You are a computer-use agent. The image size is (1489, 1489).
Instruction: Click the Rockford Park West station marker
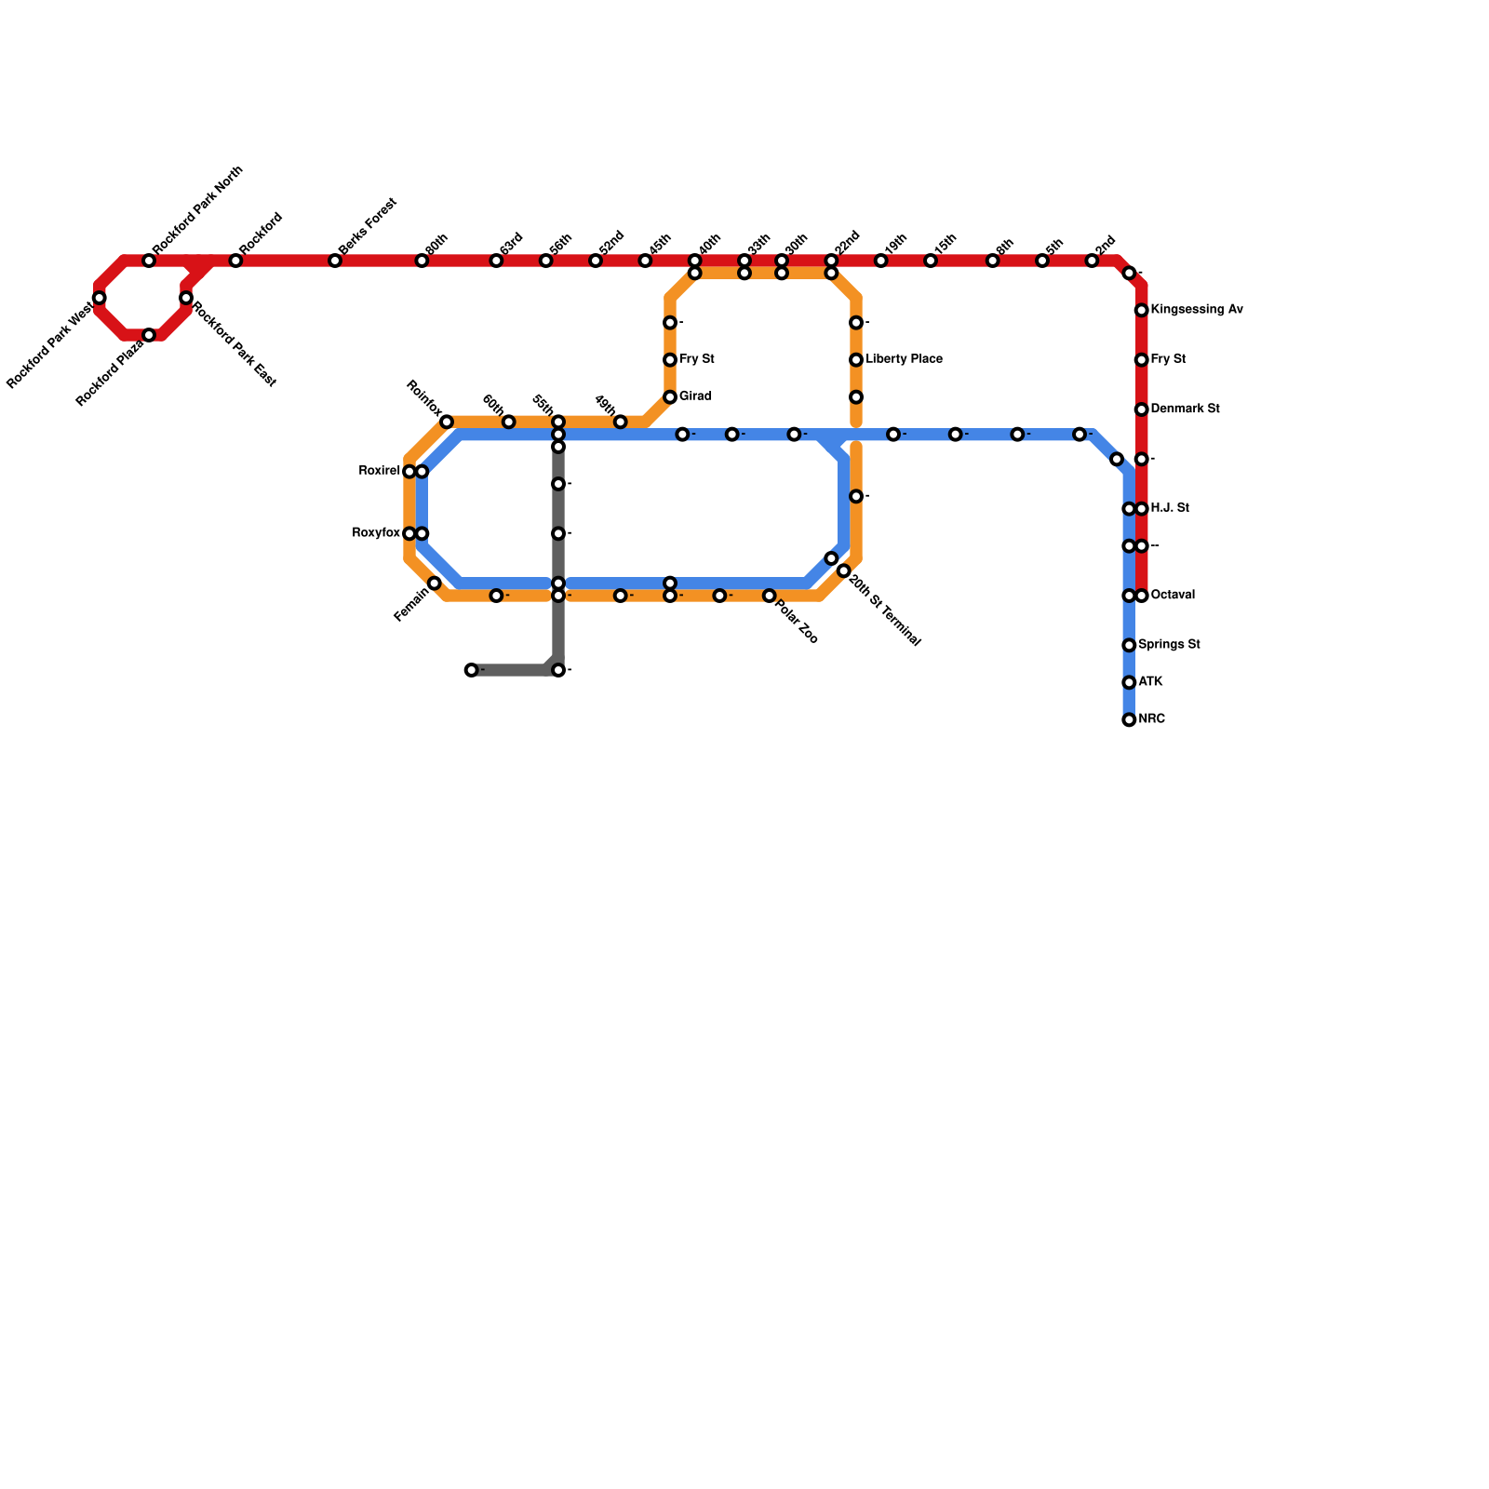tap(100, 298)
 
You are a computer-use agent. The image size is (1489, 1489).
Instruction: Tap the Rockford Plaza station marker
tap(149, 335)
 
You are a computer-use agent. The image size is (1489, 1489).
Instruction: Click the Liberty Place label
tap(904, 359)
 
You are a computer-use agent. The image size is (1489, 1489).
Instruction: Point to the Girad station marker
tap(670, 397)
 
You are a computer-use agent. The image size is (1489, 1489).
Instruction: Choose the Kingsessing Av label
tap(1196, 309)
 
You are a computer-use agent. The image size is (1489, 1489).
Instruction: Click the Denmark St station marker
tap(1141, 409)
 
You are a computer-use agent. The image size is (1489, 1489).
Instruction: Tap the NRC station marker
tap(1129, 719)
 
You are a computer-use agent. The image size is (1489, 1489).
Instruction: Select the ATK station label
tap(1150, 682)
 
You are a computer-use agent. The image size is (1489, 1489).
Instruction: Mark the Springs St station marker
tap(1129, 645)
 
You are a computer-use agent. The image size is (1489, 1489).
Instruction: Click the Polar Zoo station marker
tap(770, 596)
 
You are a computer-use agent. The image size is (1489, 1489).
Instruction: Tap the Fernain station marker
tap(435, 584)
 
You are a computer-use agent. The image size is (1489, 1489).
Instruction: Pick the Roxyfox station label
tap(376, 533)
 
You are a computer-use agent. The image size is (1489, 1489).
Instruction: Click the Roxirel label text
tap(379, 472)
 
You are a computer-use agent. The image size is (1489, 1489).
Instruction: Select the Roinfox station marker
tap(447, 423)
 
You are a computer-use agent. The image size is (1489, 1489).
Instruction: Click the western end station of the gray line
tap(472, 670)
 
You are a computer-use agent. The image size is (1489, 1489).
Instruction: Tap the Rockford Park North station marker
tap(149, 261)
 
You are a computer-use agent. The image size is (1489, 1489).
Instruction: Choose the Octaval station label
tap(1173, 596)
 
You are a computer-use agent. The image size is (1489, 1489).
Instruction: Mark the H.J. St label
tap(1169, 508)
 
